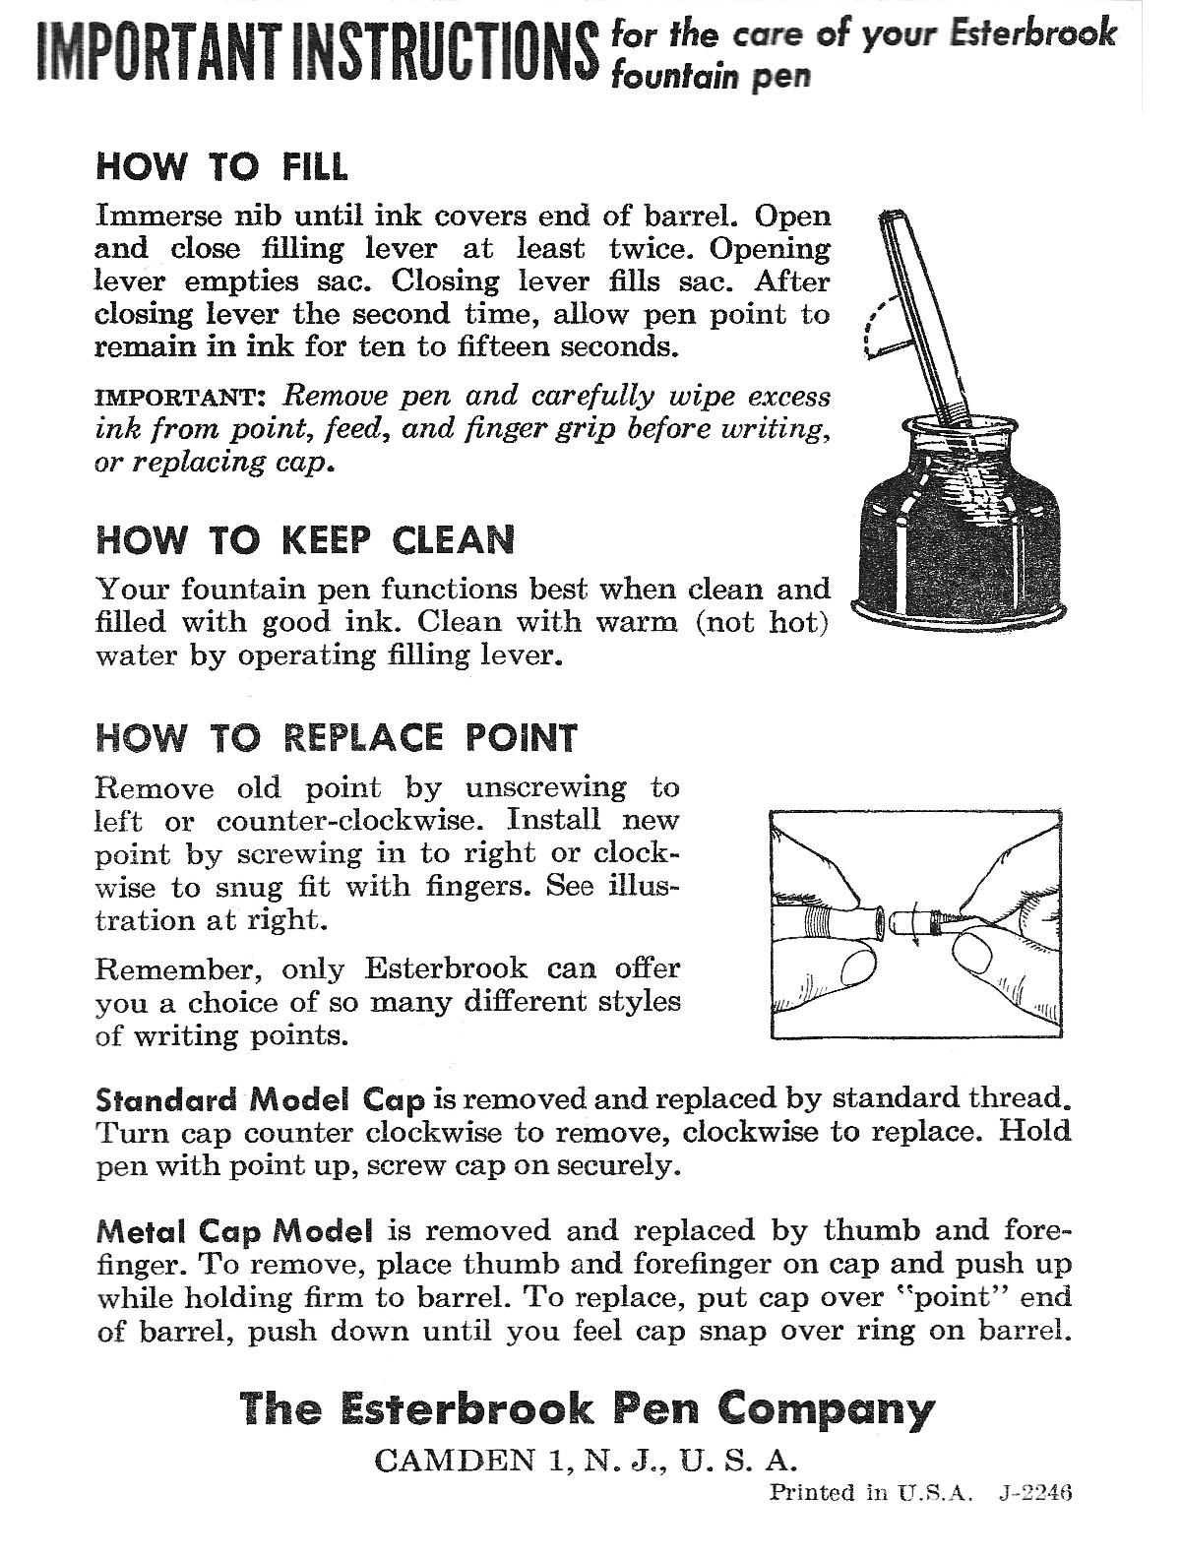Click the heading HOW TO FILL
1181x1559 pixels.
[221, 166]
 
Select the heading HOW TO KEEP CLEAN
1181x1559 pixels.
[305, 540]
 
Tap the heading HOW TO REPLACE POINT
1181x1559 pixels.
[336, 737]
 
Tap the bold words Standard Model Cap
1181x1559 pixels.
[261, 1099]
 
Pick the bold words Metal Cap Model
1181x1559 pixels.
[235, 1231]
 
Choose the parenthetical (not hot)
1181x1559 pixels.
[763, 623]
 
